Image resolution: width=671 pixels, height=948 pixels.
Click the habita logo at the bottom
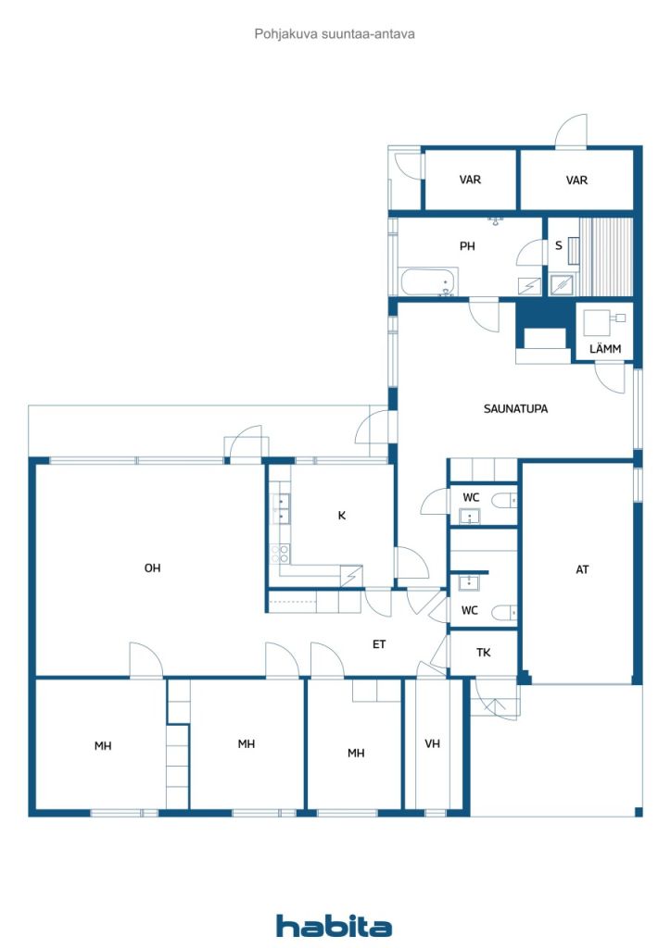click(334, 926)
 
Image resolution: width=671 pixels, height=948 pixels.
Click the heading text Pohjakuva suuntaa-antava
click(335, 34)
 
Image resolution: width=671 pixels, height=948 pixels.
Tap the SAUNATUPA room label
click(515, 408)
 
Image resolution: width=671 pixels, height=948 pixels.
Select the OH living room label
click(153, 568)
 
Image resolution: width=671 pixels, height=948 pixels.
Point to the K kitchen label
click(342, 516)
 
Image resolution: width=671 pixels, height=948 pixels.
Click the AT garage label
click(582, 569)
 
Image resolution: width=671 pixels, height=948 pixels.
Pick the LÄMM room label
click(605, 349)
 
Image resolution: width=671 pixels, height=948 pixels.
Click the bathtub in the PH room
click(429, 281)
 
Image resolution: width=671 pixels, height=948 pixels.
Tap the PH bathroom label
click(467, 246)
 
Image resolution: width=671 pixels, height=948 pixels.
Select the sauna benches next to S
click(606, 257)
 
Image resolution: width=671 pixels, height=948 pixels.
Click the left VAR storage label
click(470, 180)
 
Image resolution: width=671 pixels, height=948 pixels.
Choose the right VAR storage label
click(576, 181)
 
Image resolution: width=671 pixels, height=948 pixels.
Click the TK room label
click(484, 653)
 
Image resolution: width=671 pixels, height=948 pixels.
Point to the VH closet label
click(432, 743)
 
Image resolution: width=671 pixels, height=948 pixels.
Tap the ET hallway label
click(379, 644)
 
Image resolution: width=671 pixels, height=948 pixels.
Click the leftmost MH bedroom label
click(103, 746)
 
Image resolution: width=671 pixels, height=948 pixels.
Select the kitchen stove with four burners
click(280, 554)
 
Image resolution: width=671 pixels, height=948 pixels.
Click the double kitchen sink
click(281, 508)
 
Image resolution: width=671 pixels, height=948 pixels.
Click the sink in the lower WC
click(468, 582)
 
